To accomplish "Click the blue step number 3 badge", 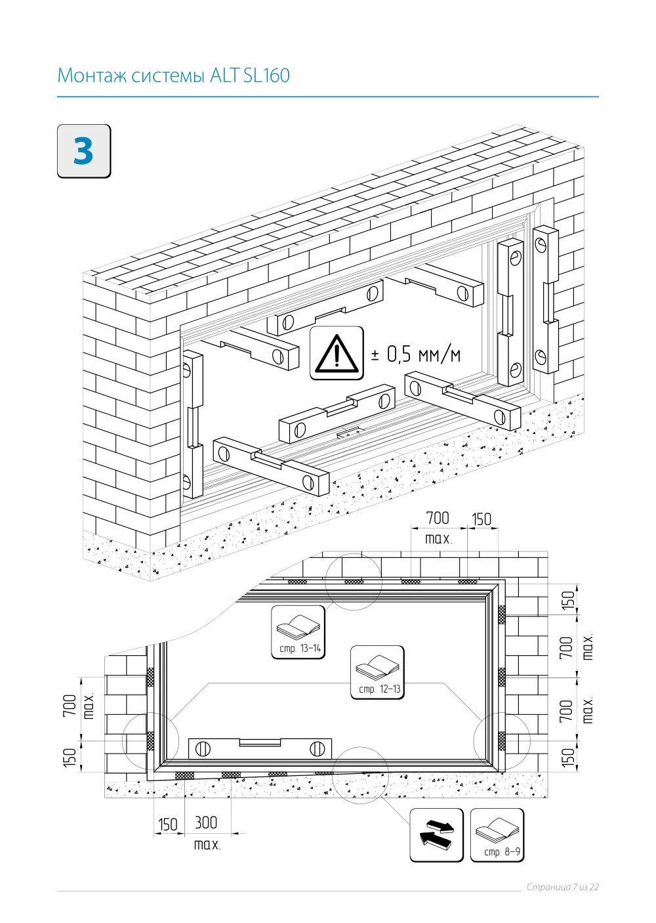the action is pos(84,151).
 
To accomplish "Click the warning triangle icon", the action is pos(337,353).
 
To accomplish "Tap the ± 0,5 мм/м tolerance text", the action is pos(415,354).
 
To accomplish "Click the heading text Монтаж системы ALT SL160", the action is pos(173,75).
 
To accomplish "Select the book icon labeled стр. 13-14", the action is pos(298,632).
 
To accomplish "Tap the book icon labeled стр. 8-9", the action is pos(497,835).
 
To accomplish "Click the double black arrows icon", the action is pos(436,835).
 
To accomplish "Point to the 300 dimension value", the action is pos(206,823).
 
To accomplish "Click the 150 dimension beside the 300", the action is pos(167,825).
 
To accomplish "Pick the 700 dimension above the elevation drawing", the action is pos(438,518).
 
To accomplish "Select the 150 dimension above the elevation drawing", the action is pos(482,519).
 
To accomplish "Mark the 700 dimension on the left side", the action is pos(70,706).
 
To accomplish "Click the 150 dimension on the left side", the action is pos(70,757).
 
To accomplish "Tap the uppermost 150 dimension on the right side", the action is pos(568,600).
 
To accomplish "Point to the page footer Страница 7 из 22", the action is pos(563,887).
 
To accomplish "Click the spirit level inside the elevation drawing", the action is pos(260,748).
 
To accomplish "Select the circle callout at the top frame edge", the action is pos(354,582).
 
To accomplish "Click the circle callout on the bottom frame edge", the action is pos(360,775).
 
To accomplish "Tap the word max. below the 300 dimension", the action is pos(207,845).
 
